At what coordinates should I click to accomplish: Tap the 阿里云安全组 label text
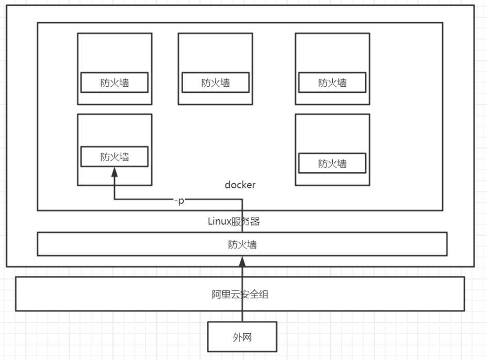pos(240,295)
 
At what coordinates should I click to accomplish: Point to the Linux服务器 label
pos(234,222)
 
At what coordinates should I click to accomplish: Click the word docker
pos(240,185)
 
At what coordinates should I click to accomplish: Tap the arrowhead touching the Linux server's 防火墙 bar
pos(242,261)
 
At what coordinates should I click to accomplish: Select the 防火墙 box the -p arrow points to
pos(114,157)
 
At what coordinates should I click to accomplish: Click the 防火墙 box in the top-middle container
pos(215,83)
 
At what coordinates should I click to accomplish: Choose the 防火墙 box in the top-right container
pos(332,83)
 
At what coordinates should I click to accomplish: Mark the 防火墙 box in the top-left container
pos(114,83)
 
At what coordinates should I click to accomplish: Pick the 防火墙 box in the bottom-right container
pos(332,163)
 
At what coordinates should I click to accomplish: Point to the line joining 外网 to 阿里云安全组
pos(242,316)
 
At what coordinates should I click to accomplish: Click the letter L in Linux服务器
pos(210,222)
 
